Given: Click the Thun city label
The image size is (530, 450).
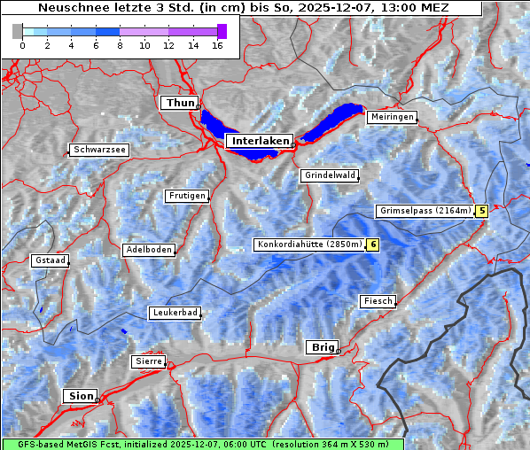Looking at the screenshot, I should [x=180, y=104].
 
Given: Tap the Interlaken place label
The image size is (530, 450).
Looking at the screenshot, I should [x=259, y=141].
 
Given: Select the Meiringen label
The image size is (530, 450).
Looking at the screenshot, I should [x=391, y=117].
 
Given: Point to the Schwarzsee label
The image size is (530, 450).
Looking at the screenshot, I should [x=99, y=150].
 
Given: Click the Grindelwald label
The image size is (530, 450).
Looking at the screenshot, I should [x=330, y=175].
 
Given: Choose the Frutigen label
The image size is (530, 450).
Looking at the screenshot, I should [x=186, y=196].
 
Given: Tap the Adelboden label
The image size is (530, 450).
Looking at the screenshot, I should [x=148, y=250].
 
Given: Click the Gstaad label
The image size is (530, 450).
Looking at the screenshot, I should [x=50, y=260].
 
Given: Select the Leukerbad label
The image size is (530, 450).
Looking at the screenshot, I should [x=174, y=313].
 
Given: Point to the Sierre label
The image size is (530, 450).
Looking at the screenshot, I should [x=147, y=361].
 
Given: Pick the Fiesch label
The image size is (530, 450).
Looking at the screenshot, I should [x=377, y=301].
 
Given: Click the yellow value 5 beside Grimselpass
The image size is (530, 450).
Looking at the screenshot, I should [x=481, y=211].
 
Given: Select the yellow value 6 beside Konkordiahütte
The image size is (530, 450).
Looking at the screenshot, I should [x=373, y=244].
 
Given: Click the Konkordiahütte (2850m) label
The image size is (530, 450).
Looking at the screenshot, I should [x=309, y=244].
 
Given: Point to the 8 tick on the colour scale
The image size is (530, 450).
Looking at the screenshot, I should [x=120, y=44].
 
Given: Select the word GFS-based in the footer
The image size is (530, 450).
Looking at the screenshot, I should [x=33, y=444].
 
